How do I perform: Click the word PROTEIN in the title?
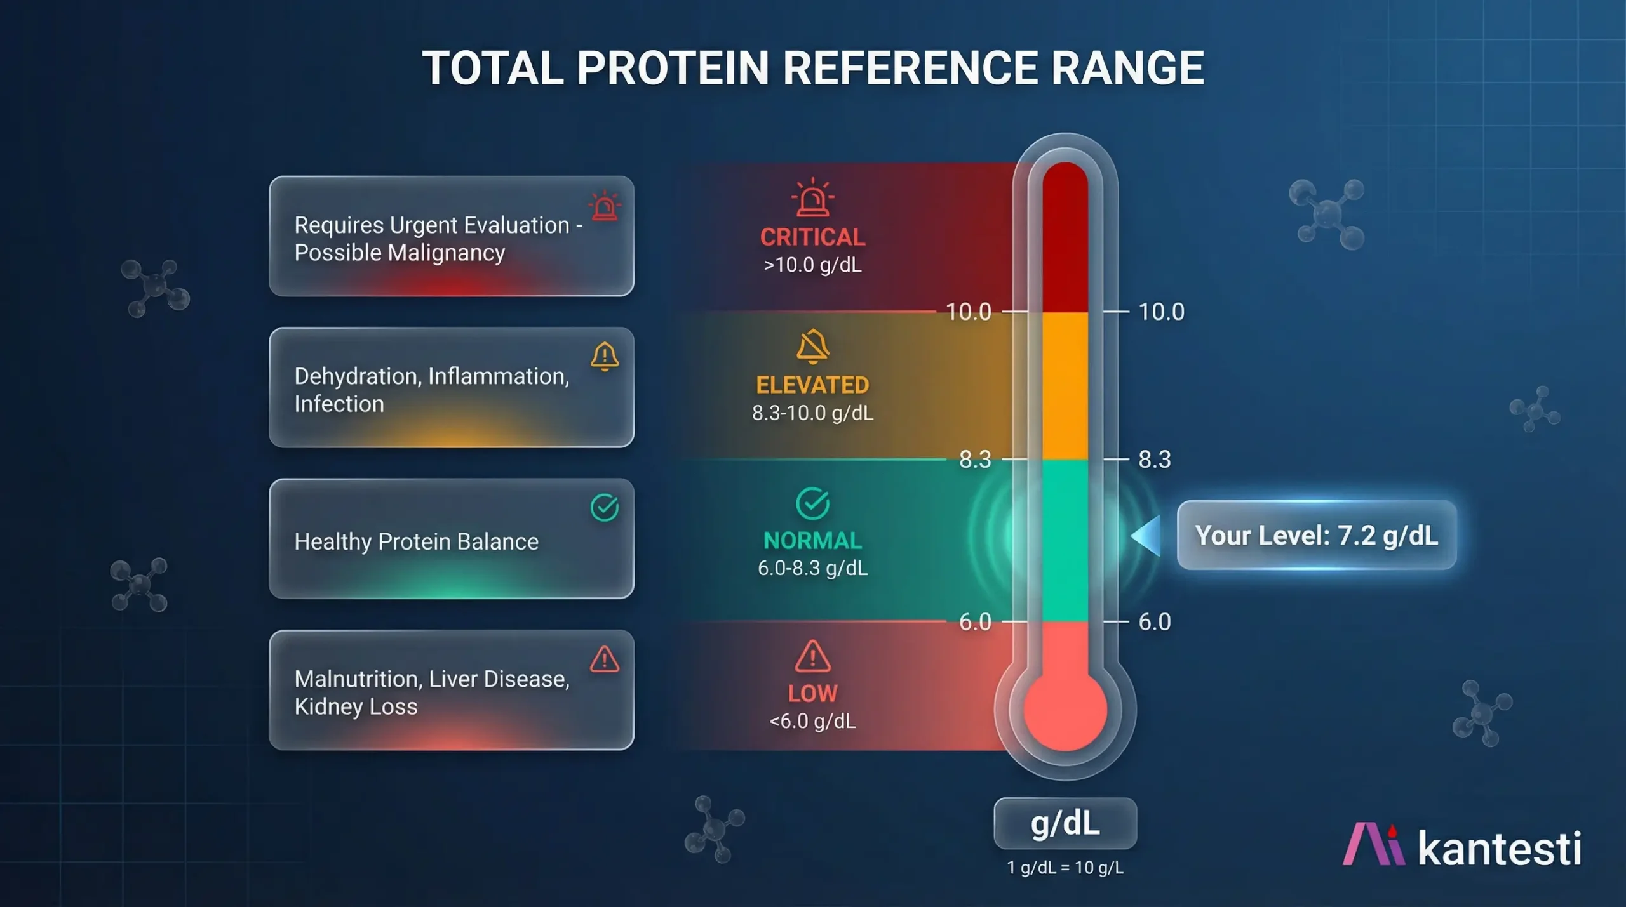[x=673, y=68]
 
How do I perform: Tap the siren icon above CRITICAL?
[x=812, y=199]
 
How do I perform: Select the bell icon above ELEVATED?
[x=812, y=347]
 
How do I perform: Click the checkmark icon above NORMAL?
[x=812, y=503]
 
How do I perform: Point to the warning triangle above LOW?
[x=812, y=656]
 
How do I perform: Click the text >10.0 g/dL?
[x=812, y=265]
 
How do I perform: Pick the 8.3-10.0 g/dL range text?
[x=812, y=413]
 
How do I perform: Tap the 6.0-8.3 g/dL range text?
[x=812, y=568]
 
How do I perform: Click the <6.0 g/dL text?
[x=812, y=722]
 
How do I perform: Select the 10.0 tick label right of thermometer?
[x=1161, y=312]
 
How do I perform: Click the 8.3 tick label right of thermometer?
[x=1154, y=459]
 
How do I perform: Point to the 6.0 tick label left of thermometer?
[x=975, y=622]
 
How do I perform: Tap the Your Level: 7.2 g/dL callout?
[x=1316, y=535]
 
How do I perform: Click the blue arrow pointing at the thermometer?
[x=1147, y=536]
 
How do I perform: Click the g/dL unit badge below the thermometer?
[x=1065, y=823]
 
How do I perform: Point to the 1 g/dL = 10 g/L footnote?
[x=1065, y=868]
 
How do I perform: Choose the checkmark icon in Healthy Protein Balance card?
[x=604, y=508]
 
